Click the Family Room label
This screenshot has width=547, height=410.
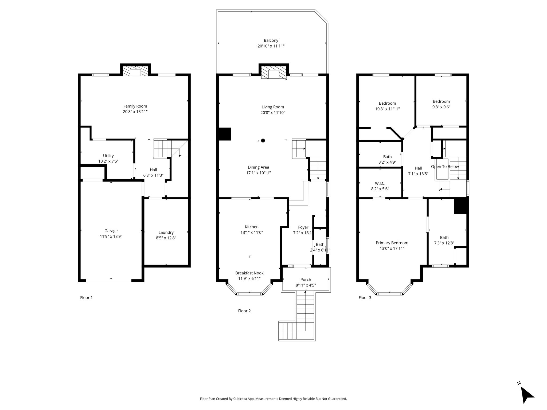(135, 106)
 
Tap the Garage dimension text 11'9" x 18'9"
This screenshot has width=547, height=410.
(111, 236)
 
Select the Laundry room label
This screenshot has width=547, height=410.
(166, 232)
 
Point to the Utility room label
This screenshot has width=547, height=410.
(108, 156)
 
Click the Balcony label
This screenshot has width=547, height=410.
(271, 41)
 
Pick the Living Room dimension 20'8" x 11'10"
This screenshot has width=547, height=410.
(273, 113)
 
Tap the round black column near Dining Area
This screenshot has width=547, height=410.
(263, 140)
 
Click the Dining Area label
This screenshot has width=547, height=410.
(259, 167)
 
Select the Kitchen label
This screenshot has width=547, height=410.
(252, 227)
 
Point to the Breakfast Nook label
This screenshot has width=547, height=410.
(249, 273)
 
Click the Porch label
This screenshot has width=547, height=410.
(306, 280)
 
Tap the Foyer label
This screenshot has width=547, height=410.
(303, 227)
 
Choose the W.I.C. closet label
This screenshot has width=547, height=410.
(380, 183)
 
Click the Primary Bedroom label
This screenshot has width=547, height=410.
(392, 243)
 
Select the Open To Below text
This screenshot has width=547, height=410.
(445, 167)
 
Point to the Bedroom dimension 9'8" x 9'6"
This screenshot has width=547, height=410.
(441, 107)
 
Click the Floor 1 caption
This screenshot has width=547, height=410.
(86, 298)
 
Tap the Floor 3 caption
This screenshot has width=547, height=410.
(365, 298)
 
